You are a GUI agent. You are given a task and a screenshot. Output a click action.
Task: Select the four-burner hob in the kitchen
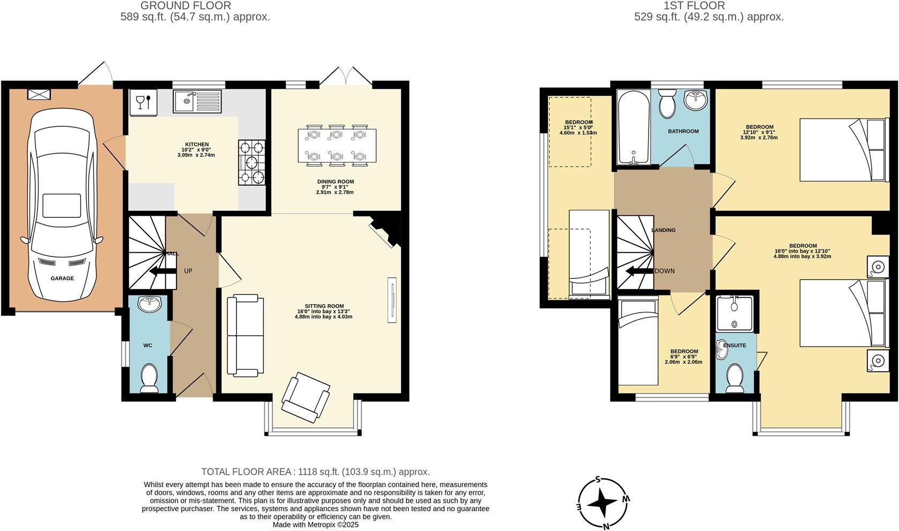[x=252, y=162]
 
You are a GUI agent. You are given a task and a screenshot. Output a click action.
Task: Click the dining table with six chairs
[x=337, y=145]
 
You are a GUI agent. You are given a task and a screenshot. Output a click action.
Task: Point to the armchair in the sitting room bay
[x=306, y=399]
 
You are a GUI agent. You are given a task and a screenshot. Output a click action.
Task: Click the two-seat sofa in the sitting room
[x=246, y=335]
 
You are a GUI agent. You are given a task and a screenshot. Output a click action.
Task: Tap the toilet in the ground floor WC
[x=148, y=377]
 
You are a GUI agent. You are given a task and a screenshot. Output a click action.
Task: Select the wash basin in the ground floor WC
[x=149, y=305]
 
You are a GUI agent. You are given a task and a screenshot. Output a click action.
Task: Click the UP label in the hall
[x=188, y=271]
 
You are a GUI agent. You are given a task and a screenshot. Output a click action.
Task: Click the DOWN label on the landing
[x=665, y=271]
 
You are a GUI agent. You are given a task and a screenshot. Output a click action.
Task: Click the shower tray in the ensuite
[x=734, y=313]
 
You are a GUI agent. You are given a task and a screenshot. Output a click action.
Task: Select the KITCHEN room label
[x=196, y=145]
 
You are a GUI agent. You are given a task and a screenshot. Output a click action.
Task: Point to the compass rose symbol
[x=603, y=502]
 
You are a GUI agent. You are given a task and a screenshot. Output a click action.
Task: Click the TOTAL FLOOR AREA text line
[x=315, y=472]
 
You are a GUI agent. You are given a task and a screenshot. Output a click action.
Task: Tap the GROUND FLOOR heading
[x=186, y=6]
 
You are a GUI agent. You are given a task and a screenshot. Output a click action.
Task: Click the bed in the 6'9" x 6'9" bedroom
[x=637, y=343]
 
